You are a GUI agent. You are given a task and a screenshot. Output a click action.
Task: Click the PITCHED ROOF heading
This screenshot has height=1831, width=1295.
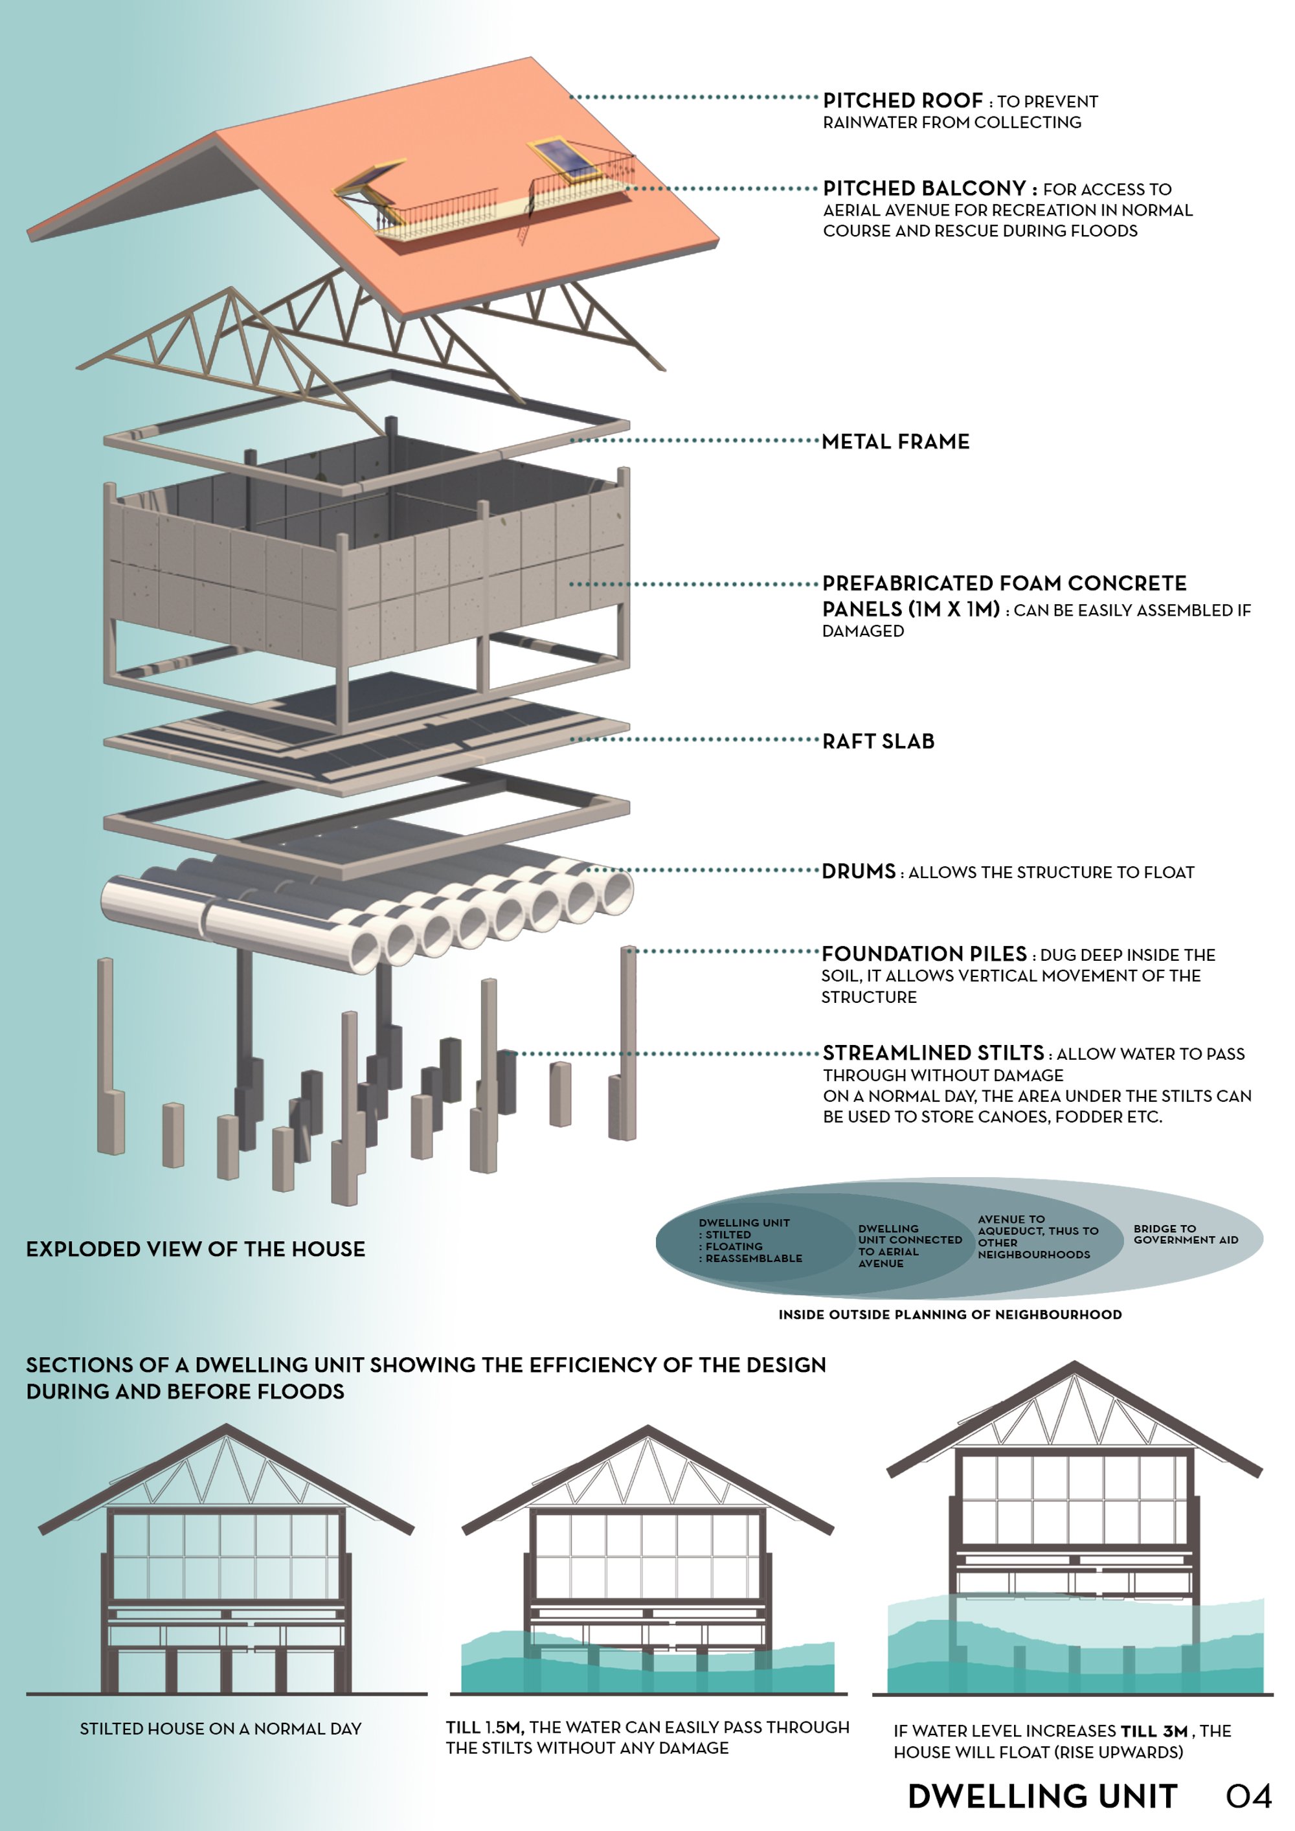click(903, 100)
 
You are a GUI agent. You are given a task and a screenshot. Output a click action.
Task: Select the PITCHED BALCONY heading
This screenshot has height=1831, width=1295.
click(924, 188)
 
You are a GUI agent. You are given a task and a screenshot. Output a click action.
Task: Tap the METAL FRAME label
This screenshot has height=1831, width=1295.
click(895, 441)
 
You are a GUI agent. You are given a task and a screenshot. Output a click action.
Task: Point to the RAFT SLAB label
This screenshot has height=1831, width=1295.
click(878, 741)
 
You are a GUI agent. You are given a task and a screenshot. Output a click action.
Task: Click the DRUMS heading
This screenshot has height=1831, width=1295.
click(859, 871)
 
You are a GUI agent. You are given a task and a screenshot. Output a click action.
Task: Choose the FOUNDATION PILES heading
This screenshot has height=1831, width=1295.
click(924, 953)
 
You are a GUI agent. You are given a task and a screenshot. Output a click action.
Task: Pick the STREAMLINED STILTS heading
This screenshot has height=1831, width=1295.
click(933, 1052)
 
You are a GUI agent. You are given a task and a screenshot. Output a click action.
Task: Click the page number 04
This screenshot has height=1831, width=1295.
click(1248, 1796)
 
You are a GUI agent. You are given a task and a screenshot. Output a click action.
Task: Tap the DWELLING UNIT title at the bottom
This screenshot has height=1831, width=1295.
click(1042, 1796)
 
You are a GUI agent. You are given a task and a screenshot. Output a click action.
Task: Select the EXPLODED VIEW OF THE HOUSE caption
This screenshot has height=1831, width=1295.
click(196, 1249)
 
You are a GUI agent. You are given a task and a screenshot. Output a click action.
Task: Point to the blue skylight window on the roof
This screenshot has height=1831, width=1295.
click(565, 159)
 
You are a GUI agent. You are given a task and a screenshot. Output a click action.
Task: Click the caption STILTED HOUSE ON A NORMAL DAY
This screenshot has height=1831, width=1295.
click(221, 1728)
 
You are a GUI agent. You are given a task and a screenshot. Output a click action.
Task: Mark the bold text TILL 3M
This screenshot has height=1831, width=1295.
click(1154, 1731)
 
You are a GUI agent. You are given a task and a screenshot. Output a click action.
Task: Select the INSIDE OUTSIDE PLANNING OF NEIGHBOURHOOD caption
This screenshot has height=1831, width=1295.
click(950, 1314)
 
